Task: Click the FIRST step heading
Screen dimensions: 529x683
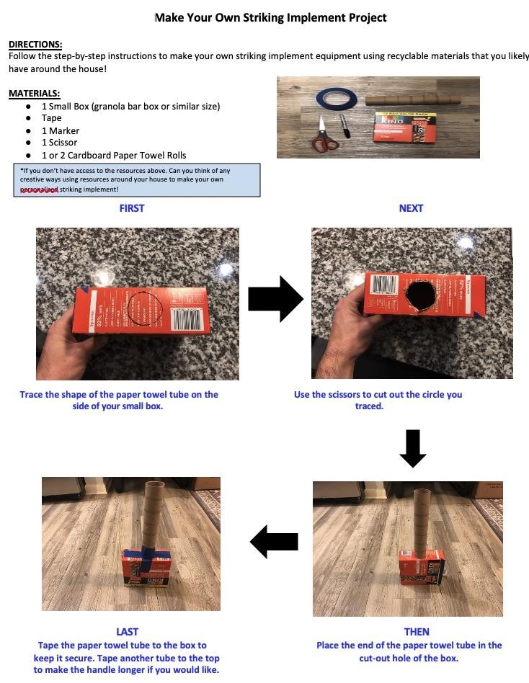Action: (x=132, y=208)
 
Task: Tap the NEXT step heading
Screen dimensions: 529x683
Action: (x=411, y=208)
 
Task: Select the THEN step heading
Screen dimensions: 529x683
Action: (x=417, y=632)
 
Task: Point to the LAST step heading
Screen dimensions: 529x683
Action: (x=128, y=632)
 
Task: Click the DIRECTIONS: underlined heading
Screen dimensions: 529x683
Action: (x=35, y=45)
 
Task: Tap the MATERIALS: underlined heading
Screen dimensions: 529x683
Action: (x=35, y=93)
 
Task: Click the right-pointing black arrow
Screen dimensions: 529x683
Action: (x=275, y=299)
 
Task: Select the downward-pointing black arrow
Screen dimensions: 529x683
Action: (x=413, y=449)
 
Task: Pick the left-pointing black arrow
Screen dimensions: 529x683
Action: (x=274, y=542)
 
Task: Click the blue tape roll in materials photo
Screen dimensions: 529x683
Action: (x=337, y=97)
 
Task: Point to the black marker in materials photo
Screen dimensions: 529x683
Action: (x=344, y=126)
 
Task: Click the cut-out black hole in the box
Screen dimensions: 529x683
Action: (x=420, y=295)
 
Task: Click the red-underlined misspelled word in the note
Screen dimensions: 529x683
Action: (x=39, y=189)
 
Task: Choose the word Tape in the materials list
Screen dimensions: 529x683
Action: (x=51, y=118)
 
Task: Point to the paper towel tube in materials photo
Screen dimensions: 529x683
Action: (x=413, y=99)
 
